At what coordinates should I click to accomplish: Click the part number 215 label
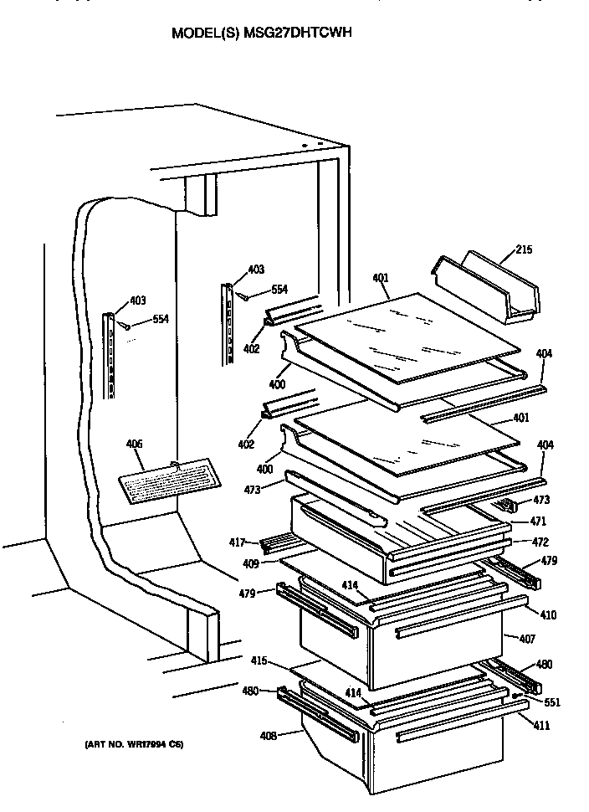pos(524,249)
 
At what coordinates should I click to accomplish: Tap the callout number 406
pos(134,445)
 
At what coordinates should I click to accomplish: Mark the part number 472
pos(539,542)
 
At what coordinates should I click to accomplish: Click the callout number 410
pos(547,615)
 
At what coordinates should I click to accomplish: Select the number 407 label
pos(527,640)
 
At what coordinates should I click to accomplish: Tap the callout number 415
pos(259,661)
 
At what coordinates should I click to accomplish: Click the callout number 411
pos(541,725)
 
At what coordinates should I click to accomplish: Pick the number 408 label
pos(268,737)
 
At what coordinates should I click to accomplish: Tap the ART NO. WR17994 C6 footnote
pos(133,743)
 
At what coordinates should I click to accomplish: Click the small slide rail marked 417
pos(275,545)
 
